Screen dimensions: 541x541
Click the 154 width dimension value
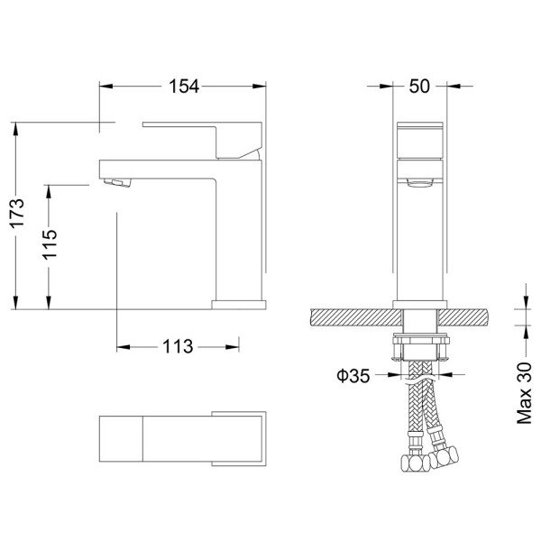click(184, 87)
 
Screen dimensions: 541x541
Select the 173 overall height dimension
click(17, 213)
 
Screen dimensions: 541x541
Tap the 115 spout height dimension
click(50, 244)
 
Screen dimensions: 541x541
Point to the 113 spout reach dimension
click(178, 346)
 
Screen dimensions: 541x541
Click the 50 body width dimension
click(419, 87)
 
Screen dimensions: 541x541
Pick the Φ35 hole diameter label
click(353, 376)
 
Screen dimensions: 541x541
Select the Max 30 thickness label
click(524, 392)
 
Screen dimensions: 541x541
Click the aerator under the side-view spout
click(117, 182)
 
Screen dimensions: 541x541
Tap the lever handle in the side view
click(202, 139)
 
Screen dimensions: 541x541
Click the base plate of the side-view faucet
click(239, 305)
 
